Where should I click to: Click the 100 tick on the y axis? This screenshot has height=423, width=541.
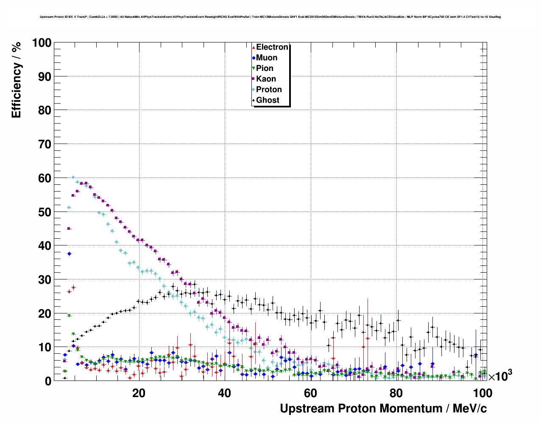pos(42,43)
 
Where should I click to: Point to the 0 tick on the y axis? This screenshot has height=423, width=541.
pos(48,381)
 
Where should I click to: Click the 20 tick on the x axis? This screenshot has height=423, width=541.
pos(139,393)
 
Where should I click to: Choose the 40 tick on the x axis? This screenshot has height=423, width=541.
pos(224,393)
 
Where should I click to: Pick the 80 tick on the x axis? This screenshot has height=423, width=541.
pos(396,393)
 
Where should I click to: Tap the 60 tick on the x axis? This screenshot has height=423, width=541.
pos(310,393)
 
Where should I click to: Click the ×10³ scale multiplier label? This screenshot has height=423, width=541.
pos(500,376)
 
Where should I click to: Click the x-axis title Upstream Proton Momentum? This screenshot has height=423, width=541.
pos(383,409)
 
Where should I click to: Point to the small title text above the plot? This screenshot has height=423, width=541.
pos(270,17)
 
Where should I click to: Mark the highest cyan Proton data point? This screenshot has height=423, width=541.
pos(73,178)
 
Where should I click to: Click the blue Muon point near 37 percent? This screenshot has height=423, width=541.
pos(69,254)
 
